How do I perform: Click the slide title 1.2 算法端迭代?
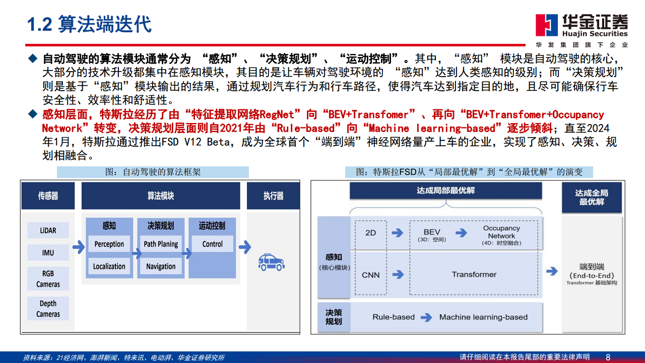point(89,24)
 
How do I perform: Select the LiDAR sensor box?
point(48,230)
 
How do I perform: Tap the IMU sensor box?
point(48,253)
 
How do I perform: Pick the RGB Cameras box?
point(48,279)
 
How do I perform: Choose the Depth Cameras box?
point(48,309)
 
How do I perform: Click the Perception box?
point(109,244)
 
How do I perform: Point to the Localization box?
point(109,266)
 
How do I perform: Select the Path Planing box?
point(161,244)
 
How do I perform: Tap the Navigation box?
point(161,266)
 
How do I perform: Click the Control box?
point(212,244)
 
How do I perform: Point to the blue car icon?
point(271,262)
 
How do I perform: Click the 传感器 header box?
point(48,196)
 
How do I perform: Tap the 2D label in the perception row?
point(370,233)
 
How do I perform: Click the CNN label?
point(370,275)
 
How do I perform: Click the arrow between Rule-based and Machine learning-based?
point(426,318)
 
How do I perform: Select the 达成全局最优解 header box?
point(592,197)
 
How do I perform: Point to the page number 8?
point(608,357)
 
